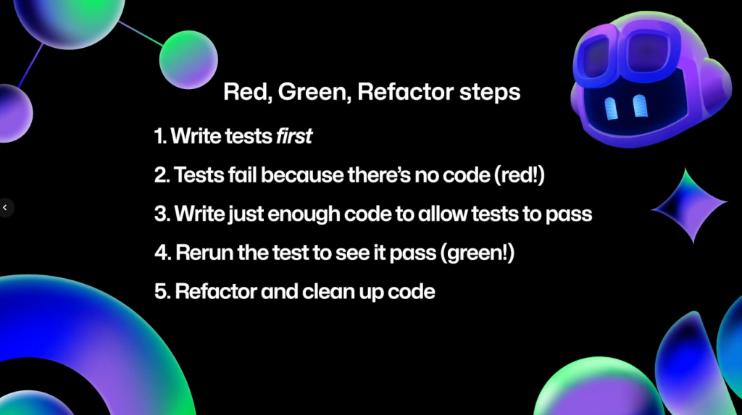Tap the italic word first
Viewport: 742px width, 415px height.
294,136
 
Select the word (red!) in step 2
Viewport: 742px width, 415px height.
520,175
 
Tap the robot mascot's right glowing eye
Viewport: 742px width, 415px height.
640,106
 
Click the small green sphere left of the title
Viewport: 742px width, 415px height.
188,59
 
